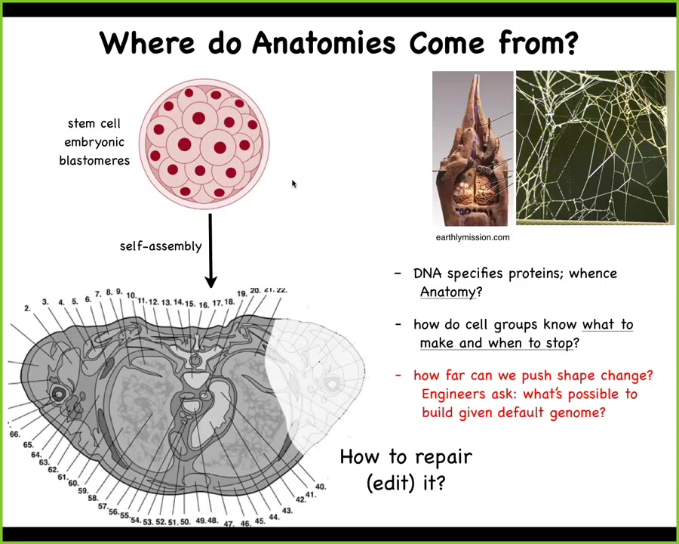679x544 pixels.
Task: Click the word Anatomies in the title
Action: [x=324, y=43]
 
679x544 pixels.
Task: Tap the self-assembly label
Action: [x=161, y=246]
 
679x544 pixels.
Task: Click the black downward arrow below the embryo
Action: [x=210, y=250]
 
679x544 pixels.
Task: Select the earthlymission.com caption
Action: [x=472, y=237]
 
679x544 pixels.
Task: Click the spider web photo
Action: [x=595, y=147]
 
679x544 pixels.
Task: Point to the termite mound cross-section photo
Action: [x=473, y=148]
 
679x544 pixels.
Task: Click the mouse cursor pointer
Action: [x=294, y=184]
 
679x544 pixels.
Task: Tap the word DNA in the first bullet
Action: [x=428, y=274]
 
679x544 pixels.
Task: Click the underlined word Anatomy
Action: [x=448, y=292]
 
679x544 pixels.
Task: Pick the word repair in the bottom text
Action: [x=444, y=458]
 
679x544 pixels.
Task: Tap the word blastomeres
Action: [x=94, y=160]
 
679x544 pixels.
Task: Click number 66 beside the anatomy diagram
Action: [x=15, y=434]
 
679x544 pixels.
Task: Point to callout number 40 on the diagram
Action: [x=321, y=487]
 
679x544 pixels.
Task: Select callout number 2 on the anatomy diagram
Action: [x=28, y=308]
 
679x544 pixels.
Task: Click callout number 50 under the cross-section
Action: [x=186, y=522]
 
